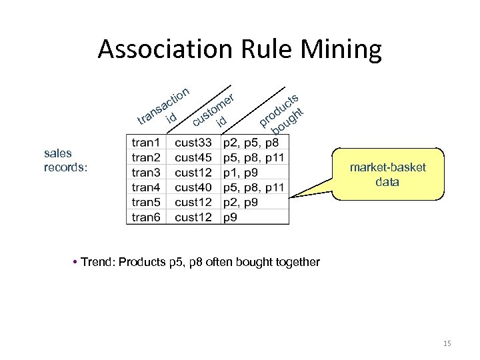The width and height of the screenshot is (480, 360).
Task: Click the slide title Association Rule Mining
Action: [239, 49]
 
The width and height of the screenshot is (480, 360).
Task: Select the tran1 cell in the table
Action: [147, 143]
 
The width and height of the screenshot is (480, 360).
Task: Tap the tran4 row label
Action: [147, 187]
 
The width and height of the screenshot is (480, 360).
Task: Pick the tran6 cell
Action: [147, 217]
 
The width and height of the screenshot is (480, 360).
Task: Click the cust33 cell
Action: [193, 143]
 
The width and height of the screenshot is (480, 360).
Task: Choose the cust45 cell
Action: [193, 157]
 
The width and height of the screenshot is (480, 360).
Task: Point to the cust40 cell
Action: [193, 187]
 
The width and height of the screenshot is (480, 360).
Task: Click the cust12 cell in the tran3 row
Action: [193, 173]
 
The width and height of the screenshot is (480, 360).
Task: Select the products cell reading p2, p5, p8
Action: [251, 143]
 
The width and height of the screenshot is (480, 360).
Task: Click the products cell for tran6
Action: [233, 217]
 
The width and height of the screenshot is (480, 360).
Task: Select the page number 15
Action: [447, 343]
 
